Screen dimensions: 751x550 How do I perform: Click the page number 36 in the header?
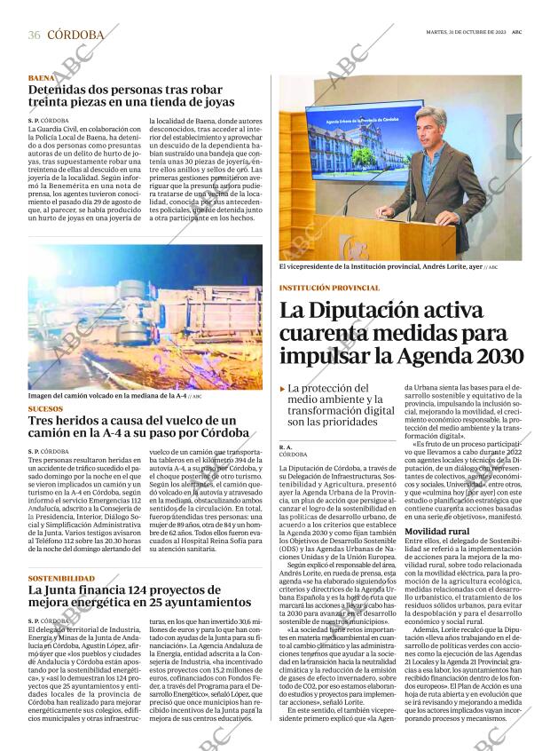(x=35, y=35)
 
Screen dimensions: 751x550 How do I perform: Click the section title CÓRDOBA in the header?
(x=75, y=35)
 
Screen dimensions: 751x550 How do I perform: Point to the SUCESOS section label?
(x=46, y=409)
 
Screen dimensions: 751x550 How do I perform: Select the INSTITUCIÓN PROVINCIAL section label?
(x=328, y=288)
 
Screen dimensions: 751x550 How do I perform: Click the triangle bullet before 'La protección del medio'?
(x=282, y=388)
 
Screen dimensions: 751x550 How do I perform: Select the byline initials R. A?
(x=286, y=447)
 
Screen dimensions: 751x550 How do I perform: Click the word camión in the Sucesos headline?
(x=56, y=433)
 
